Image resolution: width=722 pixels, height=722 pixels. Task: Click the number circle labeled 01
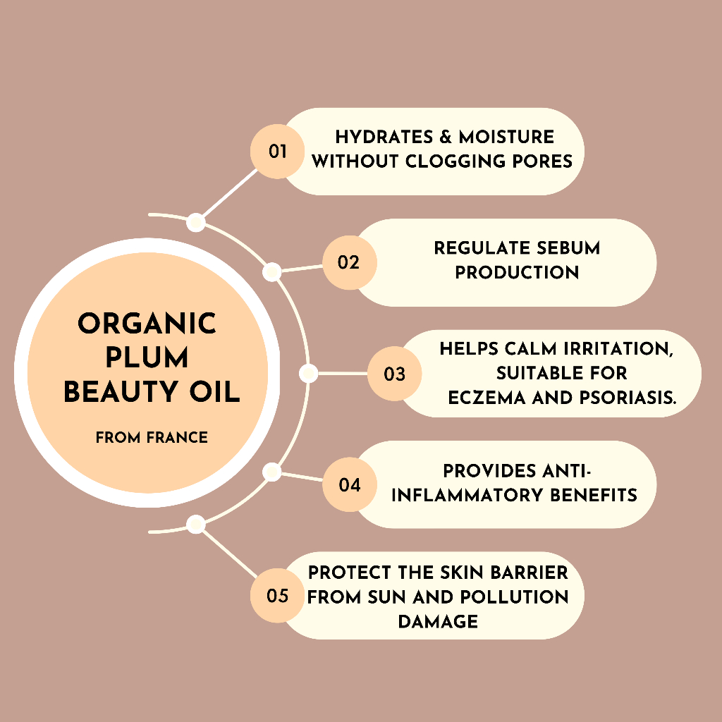coord(278,151)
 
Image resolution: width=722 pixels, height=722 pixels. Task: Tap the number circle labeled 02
coord(349,262)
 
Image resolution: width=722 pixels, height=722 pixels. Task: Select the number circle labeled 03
coord(394,374)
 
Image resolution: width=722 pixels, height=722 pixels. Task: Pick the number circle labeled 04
coord(349,485)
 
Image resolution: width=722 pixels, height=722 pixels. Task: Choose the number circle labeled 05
coord(278,596)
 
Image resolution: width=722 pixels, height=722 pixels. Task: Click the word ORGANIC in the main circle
coord(147,324)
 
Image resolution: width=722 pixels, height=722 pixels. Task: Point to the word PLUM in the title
coord(147,358)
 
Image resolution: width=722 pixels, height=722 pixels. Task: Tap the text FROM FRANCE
coord(152,438)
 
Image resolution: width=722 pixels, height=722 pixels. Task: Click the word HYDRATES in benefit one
coord(383,137)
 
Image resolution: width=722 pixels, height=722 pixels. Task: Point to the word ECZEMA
coord(482,398)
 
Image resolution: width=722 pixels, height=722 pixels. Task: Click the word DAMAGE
coord(437,621)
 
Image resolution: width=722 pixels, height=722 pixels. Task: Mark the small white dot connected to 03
coord(308,374)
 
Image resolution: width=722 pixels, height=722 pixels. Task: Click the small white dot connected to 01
coord(197,223)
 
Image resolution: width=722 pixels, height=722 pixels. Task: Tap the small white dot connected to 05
coord(197,525)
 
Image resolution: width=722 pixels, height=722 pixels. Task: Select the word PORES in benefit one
coord(542,161)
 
